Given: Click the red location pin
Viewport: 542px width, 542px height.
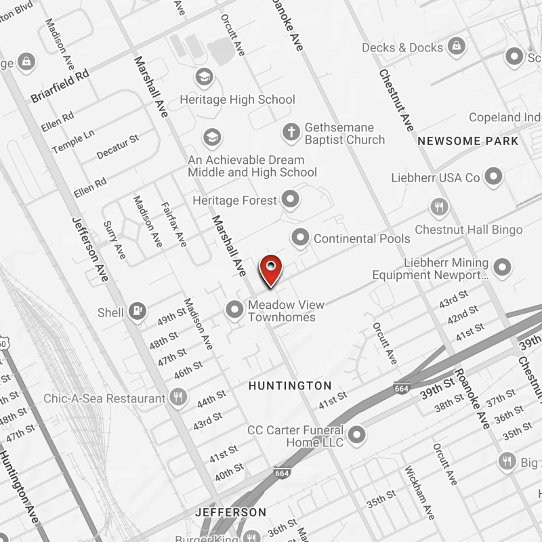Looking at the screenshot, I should (271, 270).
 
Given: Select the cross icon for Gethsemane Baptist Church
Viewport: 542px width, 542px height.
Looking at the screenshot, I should (291, 131).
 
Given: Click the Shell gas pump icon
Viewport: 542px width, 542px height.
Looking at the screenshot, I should (138, 311).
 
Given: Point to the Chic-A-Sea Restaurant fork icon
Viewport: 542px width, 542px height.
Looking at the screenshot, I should (179, 398).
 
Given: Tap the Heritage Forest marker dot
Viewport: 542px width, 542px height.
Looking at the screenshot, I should (291, 200).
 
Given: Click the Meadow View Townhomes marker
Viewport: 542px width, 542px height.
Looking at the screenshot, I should (234, 310).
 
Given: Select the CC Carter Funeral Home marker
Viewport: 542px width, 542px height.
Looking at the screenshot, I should (357, 434).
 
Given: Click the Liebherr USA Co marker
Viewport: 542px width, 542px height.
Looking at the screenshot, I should (495, 178).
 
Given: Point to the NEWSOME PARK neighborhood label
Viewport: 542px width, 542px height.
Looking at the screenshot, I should (468, 141).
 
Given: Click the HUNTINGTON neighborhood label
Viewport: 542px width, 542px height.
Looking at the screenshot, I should (290, 385).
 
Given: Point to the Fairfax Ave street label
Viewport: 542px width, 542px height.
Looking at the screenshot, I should (173, 224).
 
